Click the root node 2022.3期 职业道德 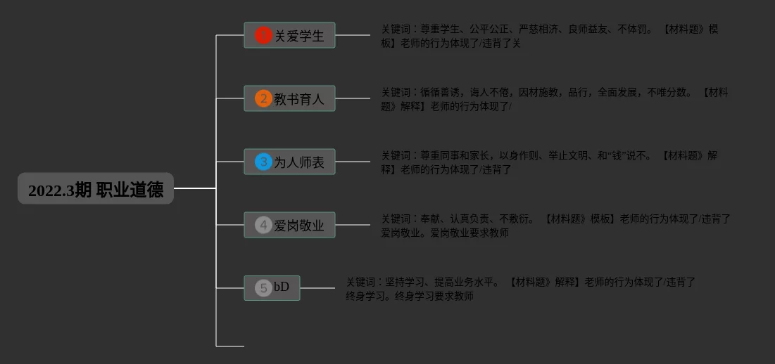click(x=96, y=189)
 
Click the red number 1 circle click(x=263, y=35)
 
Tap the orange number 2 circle click(x=263, y=98)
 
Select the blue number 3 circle click(x=263, y=162)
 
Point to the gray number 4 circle click(x=263, y=225)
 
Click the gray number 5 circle click(x=263, y=287)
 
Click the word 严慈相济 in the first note click(x=538, y=30)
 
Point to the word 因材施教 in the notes click(x=538, y=93)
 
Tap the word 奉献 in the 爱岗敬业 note click(x=430, y=219)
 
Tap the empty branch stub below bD click(x=230, y=346)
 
